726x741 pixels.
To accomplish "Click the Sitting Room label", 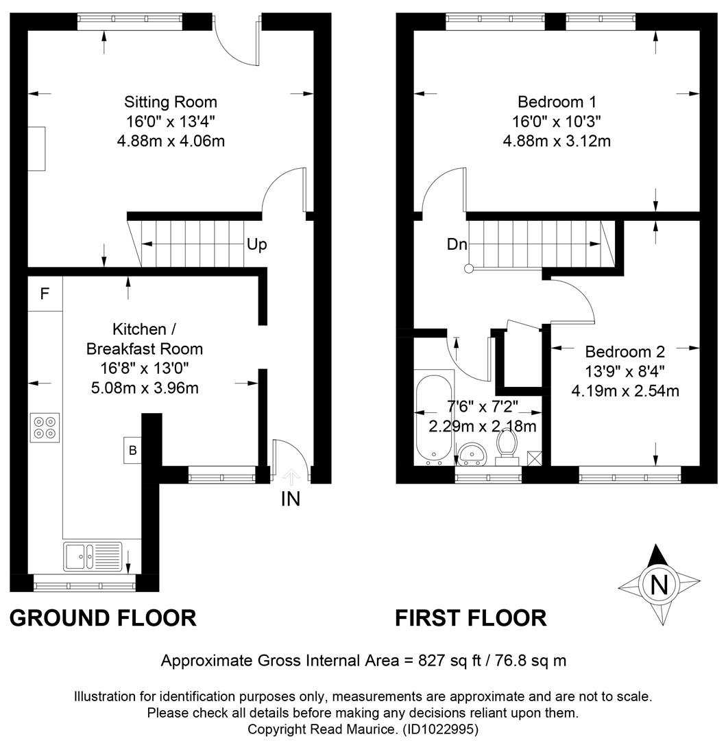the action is tap(171, 102).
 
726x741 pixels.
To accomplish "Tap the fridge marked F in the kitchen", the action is tap(45, 294).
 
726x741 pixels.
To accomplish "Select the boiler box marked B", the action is tap(132, 450).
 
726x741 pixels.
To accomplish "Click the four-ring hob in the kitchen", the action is tap(45, 427).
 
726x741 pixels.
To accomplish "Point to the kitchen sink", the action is tap(93, 556).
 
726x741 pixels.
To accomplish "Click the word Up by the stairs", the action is tap(257, 245).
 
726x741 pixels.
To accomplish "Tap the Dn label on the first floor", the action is tap(457, 244).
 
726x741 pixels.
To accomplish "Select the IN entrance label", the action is tap(290, 499).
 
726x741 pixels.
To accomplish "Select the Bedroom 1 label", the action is tap(557, 102).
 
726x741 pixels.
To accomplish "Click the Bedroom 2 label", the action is tap(625, 351).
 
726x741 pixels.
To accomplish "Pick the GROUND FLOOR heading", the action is tap(103, 618).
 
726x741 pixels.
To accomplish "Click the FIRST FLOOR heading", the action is tap(470, 618).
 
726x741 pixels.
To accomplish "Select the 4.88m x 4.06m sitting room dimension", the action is tap(171, 141).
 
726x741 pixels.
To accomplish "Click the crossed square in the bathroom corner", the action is tap(534, 458).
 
